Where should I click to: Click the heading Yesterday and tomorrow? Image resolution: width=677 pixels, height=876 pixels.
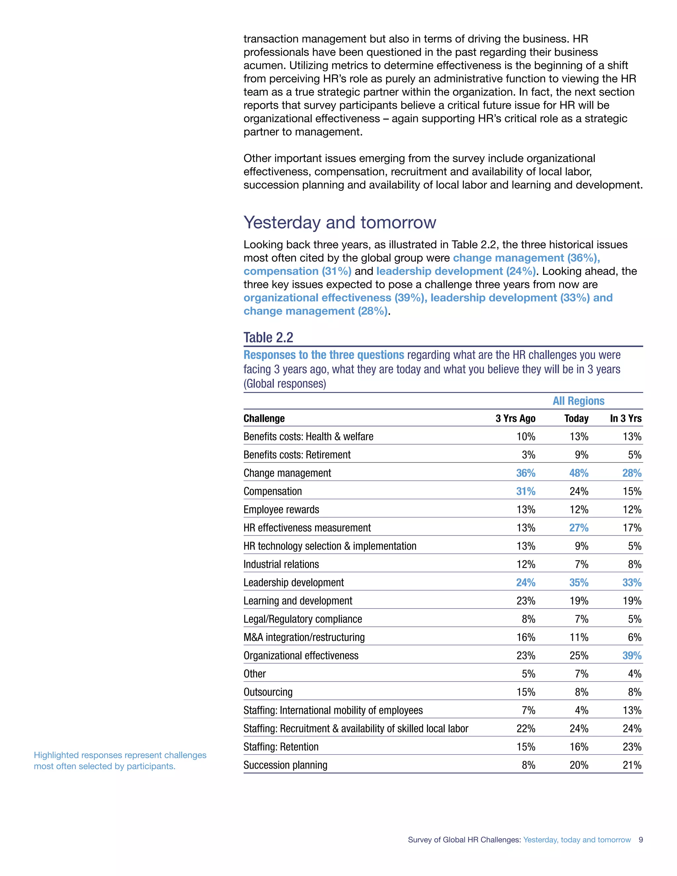340,222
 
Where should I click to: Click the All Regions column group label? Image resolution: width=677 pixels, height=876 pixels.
578,401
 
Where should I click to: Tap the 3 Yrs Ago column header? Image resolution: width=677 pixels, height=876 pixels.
515,418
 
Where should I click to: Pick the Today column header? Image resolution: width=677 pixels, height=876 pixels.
576,418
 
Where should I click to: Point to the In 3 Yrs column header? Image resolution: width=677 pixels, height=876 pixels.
626,418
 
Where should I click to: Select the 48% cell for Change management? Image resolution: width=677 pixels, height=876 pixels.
579,473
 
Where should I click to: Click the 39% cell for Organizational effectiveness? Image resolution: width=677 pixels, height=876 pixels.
632,656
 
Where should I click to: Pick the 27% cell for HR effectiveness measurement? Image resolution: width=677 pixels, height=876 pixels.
579,528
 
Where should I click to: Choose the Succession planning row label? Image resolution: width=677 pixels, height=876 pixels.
285,765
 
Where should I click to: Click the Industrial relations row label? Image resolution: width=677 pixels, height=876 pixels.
281,564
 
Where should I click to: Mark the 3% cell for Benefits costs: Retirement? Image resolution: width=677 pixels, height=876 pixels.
528,455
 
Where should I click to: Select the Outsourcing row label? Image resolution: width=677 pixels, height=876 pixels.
268,692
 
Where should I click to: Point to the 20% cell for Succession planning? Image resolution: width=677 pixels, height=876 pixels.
579,765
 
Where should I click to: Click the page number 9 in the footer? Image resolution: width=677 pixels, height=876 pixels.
641,840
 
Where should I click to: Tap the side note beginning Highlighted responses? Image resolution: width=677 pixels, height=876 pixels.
120,761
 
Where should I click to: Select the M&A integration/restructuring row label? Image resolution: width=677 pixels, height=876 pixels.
304,637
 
